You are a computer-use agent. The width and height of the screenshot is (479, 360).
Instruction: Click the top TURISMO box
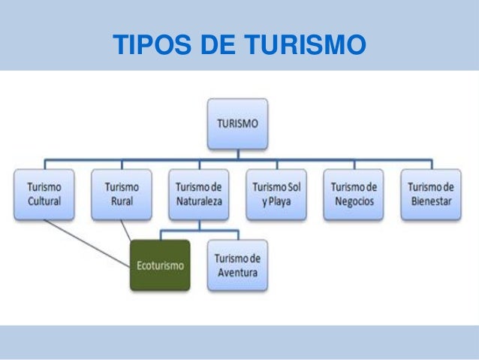(237, 124)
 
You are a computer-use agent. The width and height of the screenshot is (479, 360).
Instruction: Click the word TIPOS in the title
(146, 45)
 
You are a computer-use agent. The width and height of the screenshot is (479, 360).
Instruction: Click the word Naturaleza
(198, 201)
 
